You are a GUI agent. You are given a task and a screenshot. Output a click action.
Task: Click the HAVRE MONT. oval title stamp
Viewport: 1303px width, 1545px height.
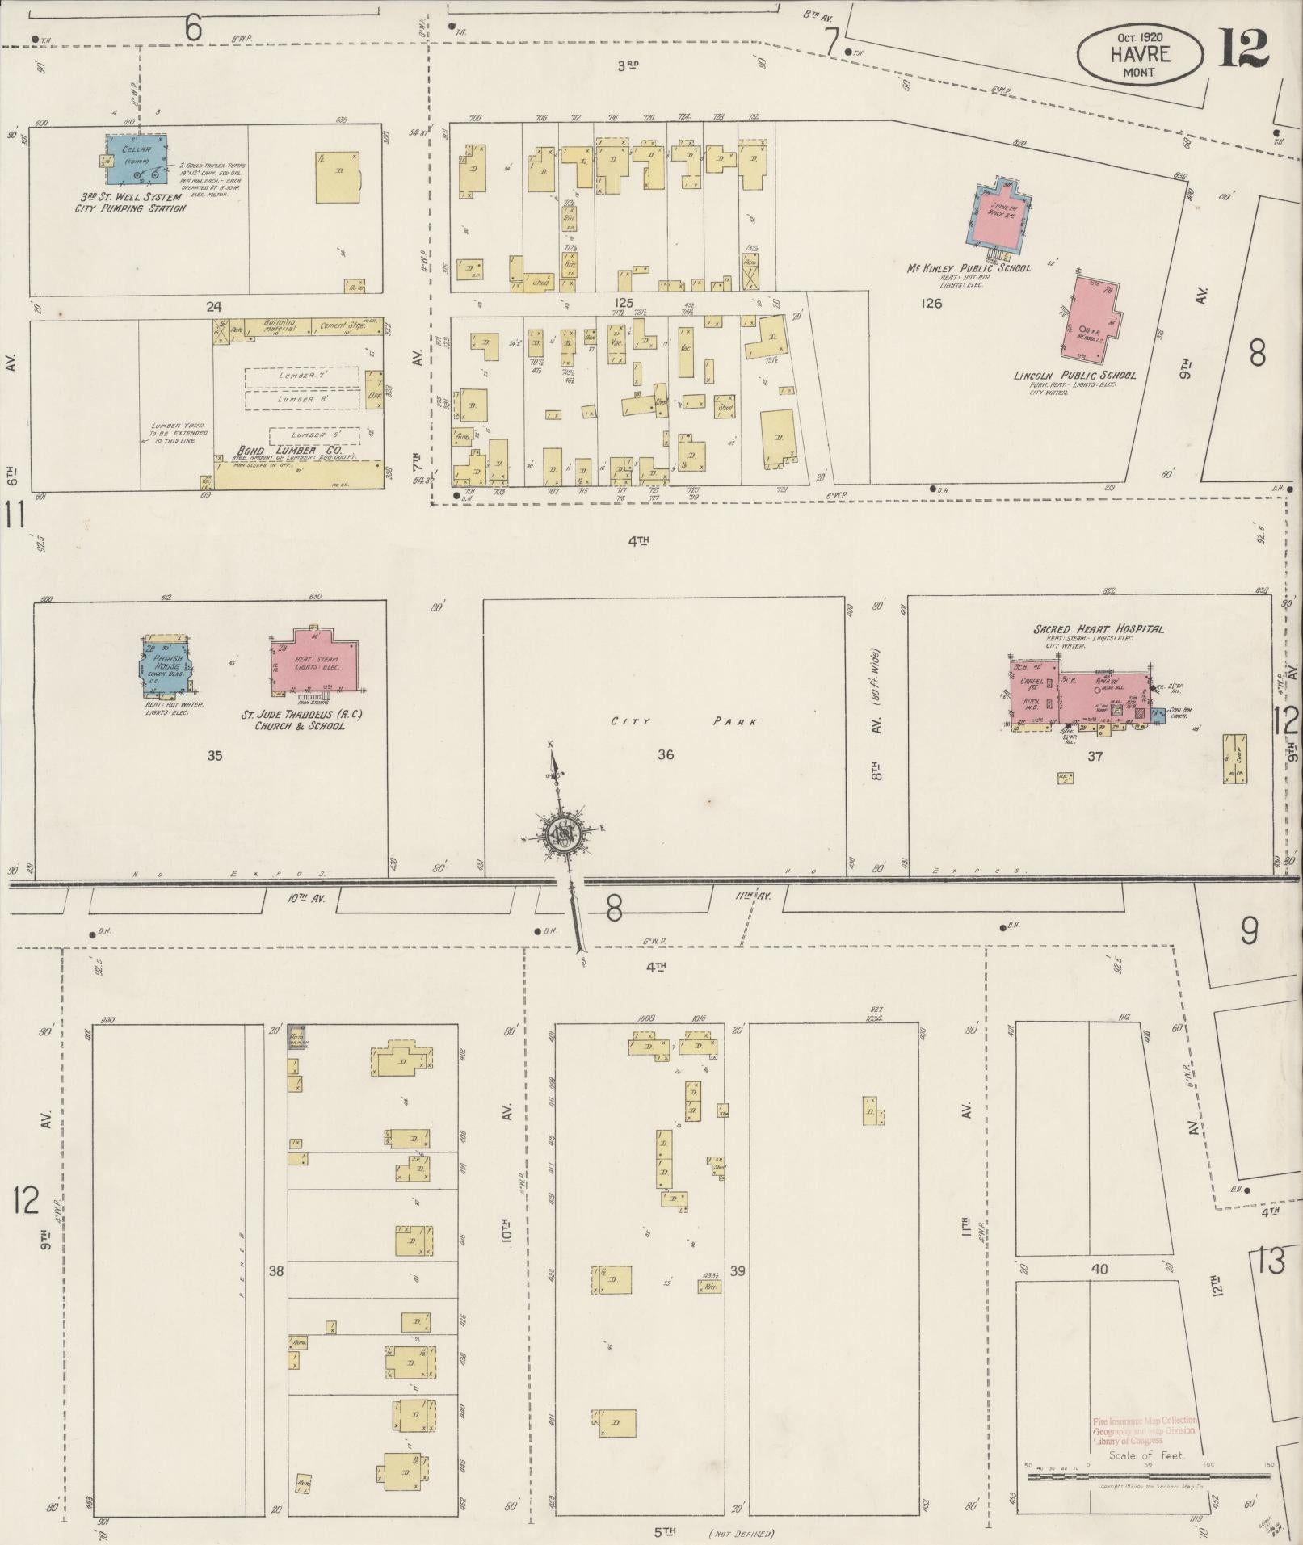coord(1140,53)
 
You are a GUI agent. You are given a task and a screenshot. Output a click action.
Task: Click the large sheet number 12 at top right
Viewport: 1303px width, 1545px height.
coord(1244,48)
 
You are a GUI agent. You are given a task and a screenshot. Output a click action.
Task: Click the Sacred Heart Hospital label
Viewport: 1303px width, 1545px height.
coord(1098,629)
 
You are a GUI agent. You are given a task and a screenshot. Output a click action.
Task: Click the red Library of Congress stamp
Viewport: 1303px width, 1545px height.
coord(1144,1430)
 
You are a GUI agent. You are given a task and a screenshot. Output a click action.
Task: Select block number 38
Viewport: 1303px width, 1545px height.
coord(276,1271)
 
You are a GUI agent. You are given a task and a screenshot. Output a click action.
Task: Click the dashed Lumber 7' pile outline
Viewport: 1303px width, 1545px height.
coord(302,377)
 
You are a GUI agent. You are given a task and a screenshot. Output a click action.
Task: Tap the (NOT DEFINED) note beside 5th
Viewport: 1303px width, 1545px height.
coord(742,1533)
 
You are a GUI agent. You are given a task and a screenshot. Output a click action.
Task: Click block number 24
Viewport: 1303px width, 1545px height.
coord(214,306)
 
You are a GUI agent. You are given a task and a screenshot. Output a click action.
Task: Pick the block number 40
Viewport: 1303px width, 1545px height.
coord(1099,1269)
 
